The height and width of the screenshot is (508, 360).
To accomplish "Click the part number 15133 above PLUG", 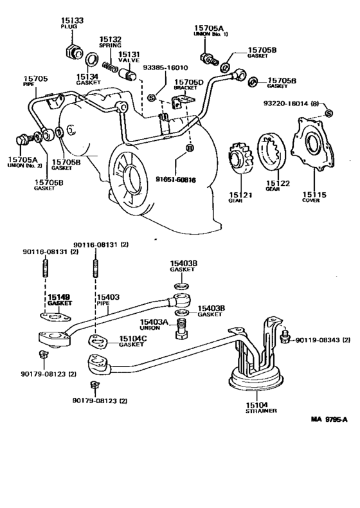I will [x=69, y=21].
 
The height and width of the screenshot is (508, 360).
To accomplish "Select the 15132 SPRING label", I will [x=110, y=42].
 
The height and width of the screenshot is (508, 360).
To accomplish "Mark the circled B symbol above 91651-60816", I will [x=189, y=149].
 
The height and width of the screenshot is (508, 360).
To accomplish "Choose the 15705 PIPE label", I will [x=39, y=81].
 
